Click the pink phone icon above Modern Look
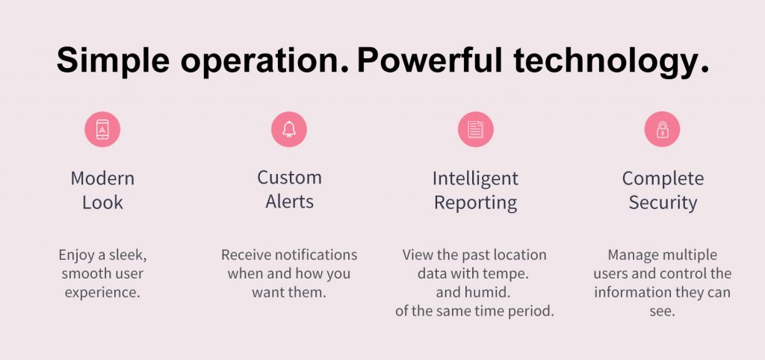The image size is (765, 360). click(102, 129)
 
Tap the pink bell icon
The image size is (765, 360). click(289, 129)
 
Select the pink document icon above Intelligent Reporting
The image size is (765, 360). click(476, 129)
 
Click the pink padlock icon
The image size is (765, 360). click(662, 129)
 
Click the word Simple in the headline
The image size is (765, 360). click(114, 61)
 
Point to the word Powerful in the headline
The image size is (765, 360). click(430, 60)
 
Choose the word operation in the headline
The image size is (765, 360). click(264, 61)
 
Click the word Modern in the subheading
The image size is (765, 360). click(102, 178)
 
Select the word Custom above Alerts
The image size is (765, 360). click(289, 177)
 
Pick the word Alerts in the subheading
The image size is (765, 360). click(289, 202)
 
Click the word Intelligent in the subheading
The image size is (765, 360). click(475, 179)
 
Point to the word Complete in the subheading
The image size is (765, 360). click(663, 179)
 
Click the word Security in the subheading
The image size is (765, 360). click(663, 202)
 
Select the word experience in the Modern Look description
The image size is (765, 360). click(102, 293)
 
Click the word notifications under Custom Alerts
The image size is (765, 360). click(316, 255)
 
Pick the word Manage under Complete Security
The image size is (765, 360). click(628, 255)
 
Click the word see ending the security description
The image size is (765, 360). click(662, 312)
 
